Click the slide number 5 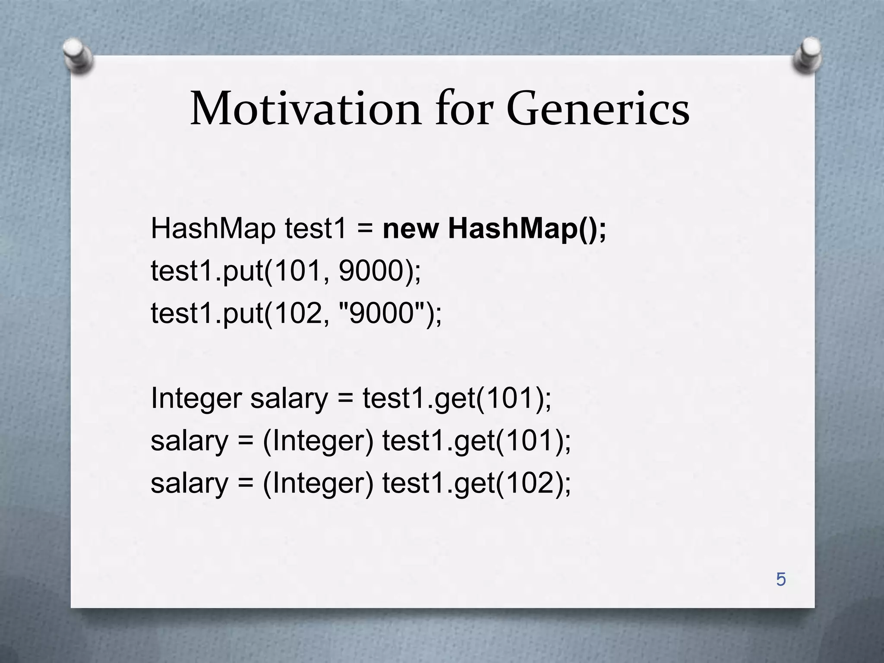(781, 579)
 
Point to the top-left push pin (77, 55)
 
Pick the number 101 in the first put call (297, 271)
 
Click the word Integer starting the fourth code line (196, 398)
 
